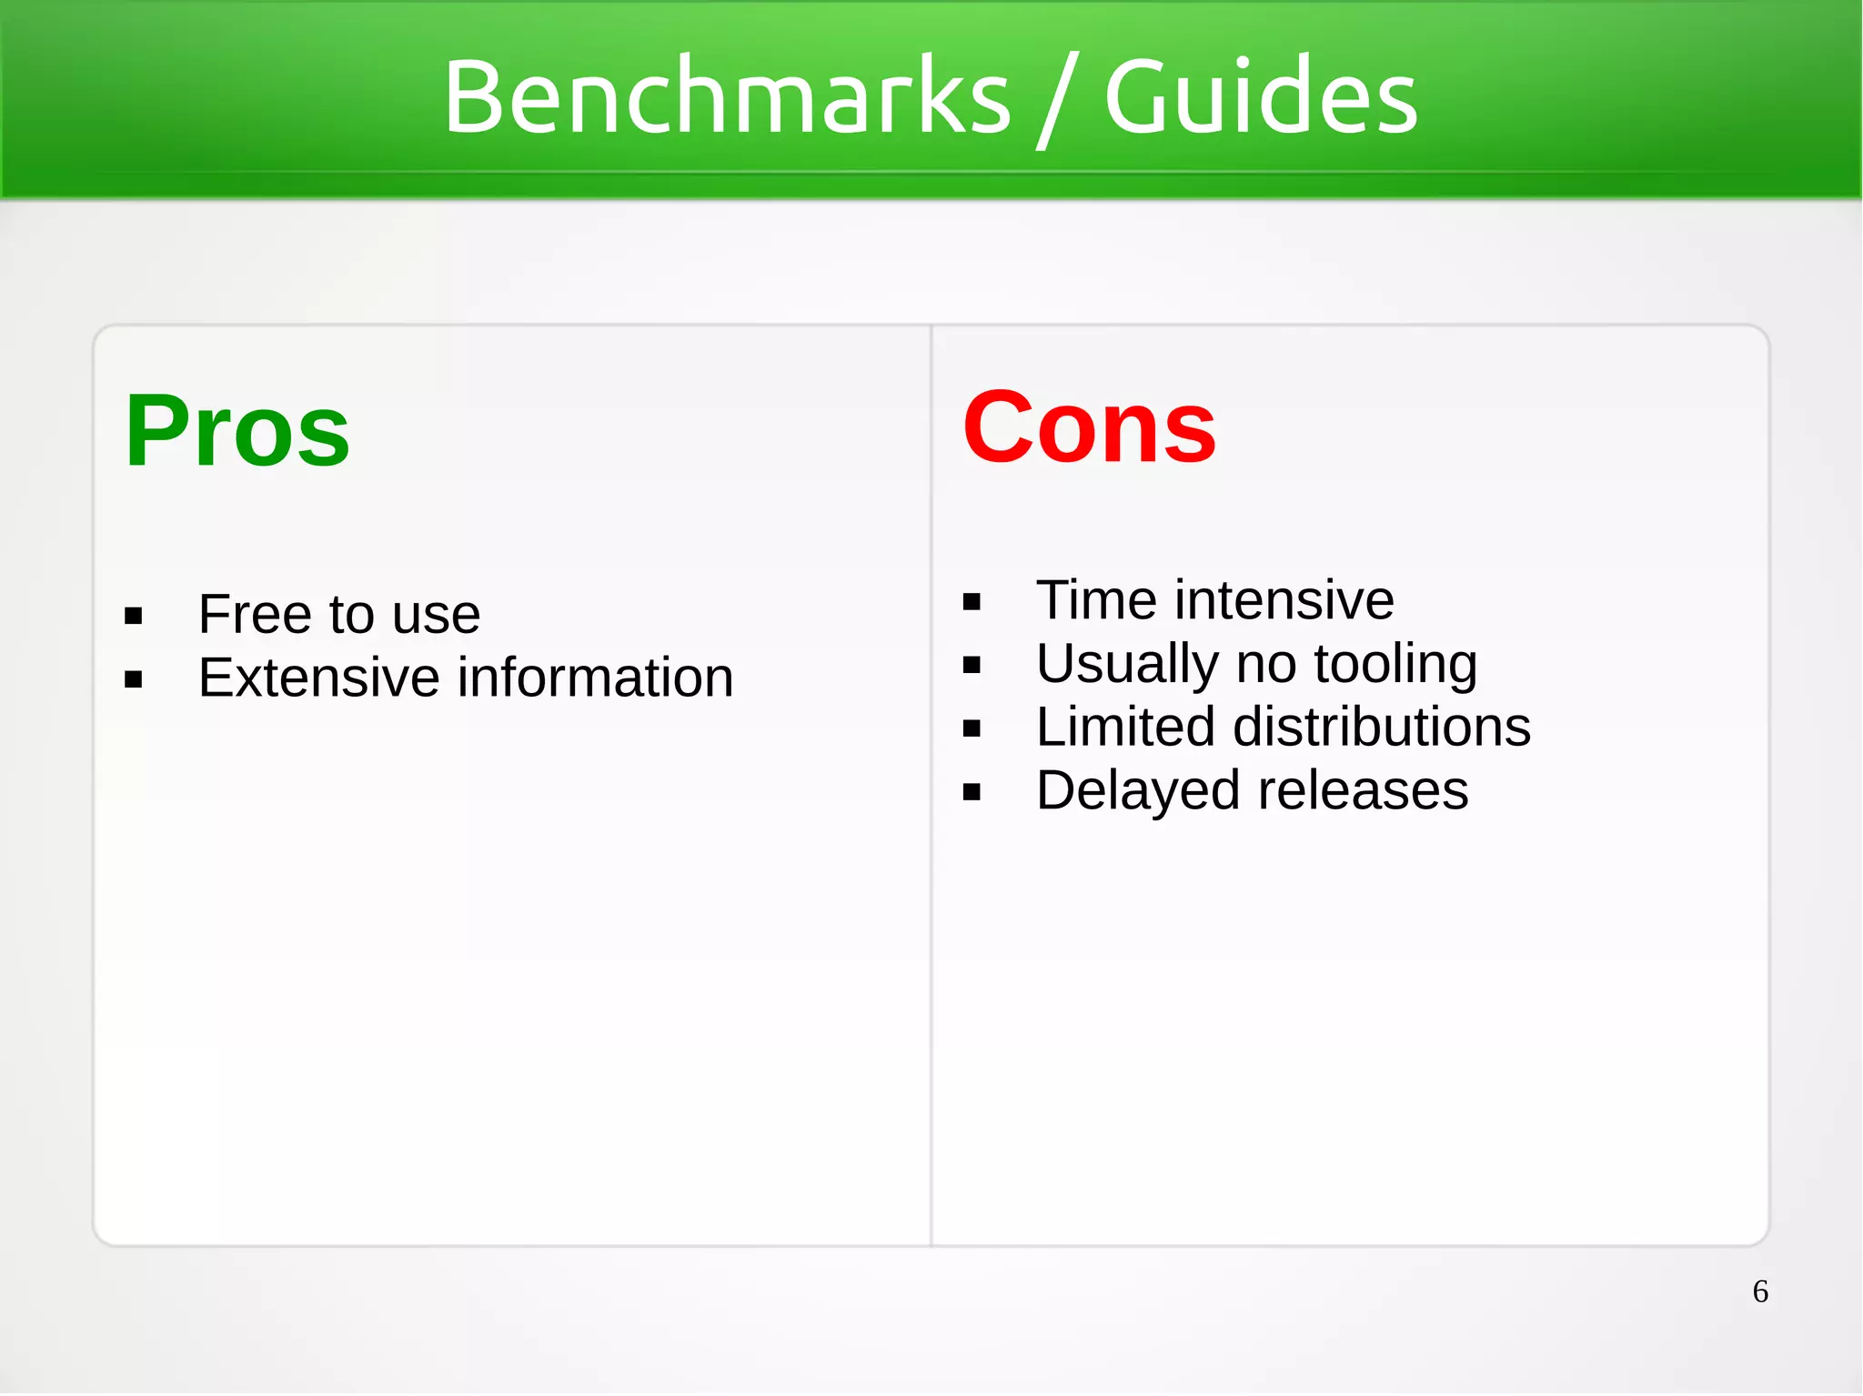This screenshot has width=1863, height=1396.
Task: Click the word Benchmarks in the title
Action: tap(726, 96)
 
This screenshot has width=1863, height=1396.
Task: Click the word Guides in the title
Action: tap(1261, 96)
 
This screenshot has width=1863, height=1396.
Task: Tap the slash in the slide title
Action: tap(1057, 100)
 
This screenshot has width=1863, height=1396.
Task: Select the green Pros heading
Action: tap(237, 431)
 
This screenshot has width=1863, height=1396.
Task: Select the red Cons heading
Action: tap(1089, 427)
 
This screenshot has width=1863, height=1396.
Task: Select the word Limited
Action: tap(1125, 728)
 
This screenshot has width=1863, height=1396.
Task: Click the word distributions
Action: tap(1382, 728)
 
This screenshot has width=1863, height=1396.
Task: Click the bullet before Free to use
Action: tap(134, 617)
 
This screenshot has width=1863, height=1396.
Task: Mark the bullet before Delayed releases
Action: tap(972, 792)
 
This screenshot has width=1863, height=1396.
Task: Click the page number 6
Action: tap(1760, 1291)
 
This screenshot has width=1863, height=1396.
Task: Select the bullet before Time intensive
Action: tap(972, 602)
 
